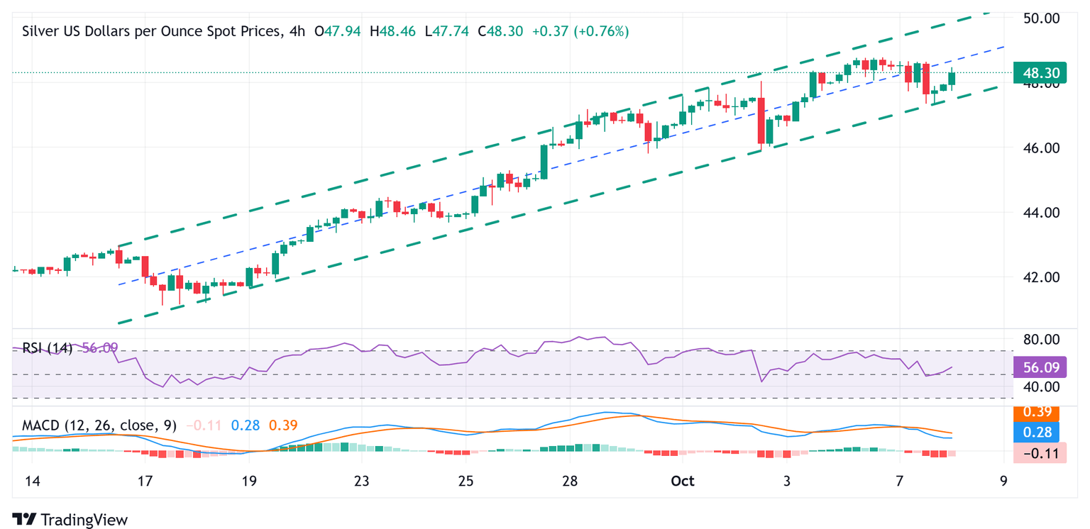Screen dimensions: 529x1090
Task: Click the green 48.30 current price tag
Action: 1040,72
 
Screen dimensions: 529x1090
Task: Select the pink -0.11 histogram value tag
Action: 1040,452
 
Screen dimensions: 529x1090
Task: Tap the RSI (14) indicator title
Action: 47,348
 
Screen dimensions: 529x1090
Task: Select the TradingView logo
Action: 70,519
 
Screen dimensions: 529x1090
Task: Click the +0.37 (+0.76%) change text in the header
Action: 581,31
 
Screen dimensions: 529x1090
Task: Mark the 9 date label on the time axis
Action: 1003,481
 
